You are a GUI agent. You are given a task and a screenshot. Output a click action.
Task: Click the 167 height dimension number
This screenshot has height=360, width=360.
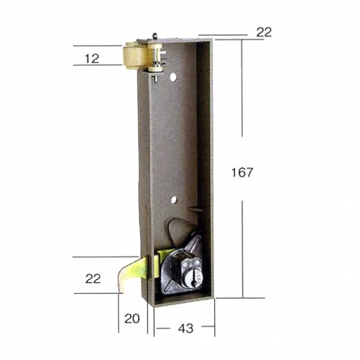point(242,172)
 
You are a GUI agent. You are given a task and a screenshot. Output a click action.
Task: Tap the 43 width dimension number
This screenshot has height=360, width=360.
point(186,329)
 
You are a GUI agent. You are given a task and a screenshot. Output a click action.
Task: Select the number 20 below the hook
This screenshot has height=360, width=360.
point(132,319)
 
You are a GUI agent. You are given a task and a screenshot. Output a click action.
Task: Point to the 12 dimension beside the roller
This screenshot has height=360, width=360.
point(92,59)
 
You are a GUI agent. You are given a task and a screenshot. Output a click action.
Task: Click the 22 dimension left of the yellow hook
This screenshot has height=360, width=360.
point(93,279)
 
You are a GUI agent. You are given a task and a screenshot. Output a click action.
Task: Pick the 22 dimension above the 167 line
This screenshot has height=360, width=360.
point(264,32)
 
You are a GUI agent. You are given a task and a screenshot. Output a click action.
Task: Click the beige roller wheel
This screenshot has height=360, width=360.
point(134,55)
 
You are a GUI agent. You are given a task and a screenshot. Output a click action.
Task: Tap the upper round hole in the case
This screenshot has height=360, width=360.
point(174,77)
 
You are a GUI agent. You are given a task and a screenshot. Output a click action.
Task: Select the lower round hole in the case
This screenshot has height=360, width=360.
point(174,200)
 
